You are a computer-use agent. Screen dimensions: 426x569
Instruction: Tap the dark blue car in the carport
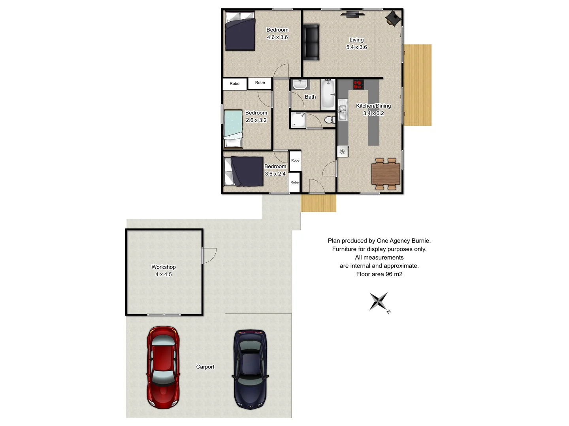pyautogui.click(x=250, y=369)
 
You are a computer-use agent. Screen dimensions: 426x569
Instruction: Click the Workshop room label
pyautogui.click(x=164, y=267)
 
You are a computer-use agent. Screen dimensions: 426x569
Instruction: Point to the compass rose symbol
pyautogui.click(x=379, y=302)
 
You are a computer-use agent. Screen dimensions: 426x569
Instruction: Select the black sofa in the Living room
pyautogui.click(x=311, y=42)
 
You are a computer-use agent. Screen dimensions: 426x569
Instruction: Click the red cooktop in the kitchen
pyautogui.click(x=358, y=84)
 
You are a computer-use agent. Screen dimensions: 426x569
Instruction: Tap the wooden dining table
pyautogui.click(x=386, y=174)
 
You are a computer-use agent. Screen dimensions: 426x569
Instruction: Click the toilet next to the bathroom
pyautogui.click(x=329, y=120)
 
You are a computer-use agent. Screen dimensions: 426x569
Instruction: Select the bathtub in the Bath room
pyautogui.click(x=328, y=95)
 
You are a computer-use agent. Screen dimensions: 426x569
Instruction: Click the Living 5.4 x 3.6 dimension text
pyautogui.click(x=356, y=47)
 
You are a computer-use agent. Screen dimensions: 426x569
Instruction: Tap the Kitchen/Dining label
pyautogui.click(x=373, y=106)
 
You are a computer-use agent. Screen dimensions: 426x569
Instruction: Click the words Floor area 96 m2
pyautogui.click(x=379, y=274)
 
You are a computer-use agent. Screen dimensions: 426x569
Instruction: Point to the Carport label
pyautogui.click(x=205, y=367)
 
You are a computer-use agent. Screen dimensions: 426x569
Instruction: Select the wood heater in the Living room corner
pyautogui.click(x=393, y=18)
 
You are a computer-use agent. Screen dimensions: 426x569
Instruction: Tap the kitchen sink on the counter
pyautogui.click(x=343, y=110)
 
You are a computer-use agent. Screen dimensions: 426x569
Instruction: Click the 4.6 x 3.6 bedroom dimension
pyautogui.click(x=277, y=37)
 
